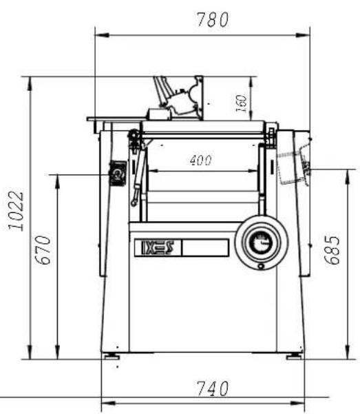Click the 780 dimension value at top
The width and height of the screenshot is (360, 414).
point(213,19)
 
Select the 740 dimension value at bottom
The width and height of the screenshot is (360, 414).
point(213,389)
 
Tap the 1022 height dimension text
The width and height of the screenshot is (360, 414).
point(17,211)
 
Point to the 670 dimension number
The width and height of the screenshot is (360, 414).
point(43,250)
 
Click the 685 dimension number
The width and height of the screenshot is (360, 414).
point(332,250)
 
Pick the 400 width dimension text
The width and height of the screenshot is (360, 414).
point(200,161)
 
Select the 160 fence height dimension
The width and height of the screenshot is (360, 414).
point(241,103)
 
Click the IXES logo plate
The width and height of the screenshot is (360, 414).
point(158,247)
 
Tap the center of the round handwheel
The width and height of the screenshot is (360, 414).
point(262,242)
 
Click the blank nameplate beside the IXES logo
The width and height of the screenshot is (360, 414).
point(205,247)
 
